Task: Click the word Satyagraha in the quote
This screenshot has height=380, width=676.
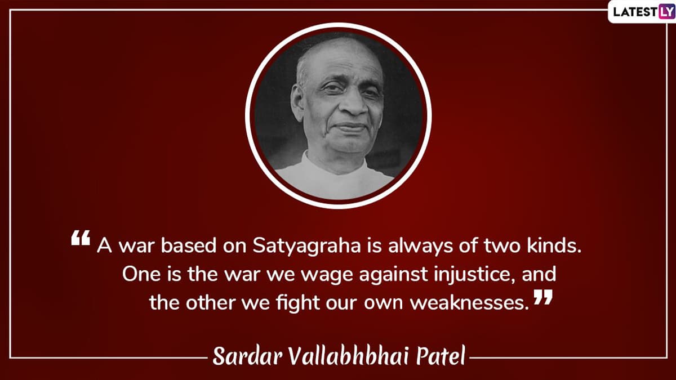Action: [x=306, y=247]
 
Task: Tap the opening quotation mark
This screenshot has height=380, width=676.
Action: [x=81, y=238]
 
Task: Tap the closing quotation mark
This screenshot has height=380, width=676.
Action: [x=543, y=297]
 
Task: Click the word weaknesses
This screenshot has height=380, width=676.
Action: [x=469, y=303]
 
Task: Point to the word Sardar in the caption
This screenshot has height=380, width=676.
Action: [x=247, y=356]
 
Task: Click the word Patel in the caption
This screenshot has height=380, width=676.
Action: [x=441, y=356]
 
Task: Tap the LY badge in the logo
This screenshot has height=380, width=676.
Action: [x=666, y=11]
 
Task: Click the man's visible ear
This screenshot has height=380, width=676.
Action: [x=297, y=102]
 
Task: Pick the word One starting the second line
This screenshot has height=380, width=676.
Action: [x=141, y=275]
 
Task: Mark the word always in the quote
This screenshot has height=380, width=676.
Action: [x=420, y=247]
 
